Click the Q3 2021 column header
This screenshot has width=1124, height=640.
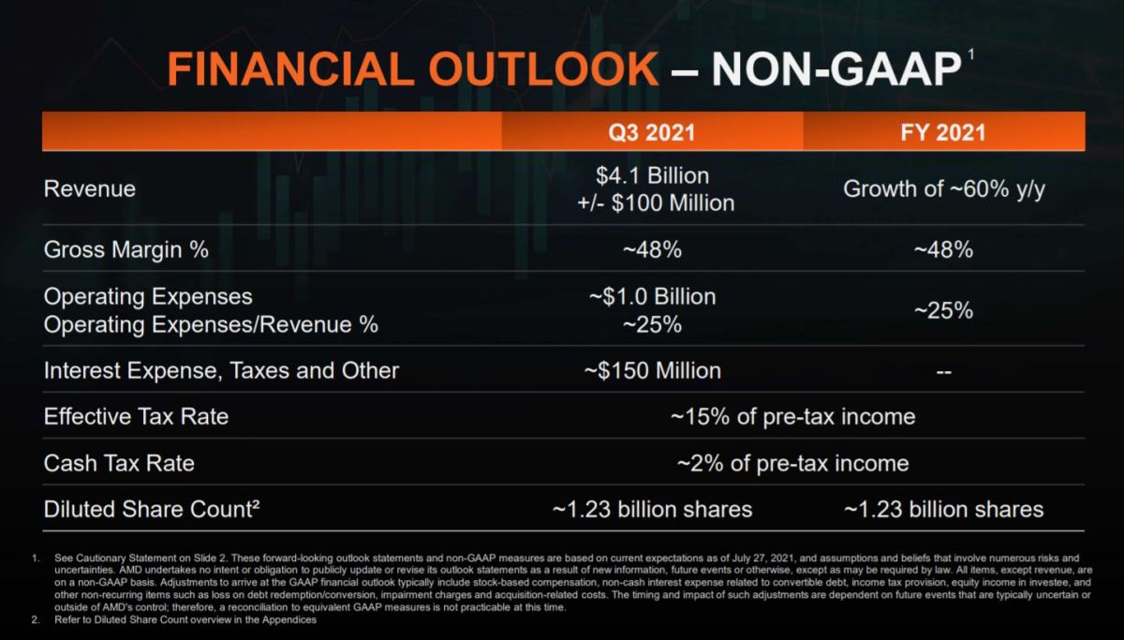pos(652,132)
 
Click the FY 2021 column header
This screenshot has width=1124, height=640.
pos(943,132)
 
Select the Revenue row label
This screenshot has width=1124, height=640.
pos(90,188)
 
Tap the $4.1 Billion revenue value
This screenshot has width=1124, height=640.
pos(652,176)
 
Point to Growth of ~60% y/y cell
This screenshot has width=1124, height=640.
pos(943,188)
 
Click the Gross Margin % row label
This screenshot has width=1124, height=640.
pos(126,250)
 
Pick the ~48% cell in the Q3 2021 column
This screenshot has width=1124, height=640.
pos(652,250)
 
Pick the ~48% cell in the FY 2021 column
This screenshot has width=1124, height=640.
pos(943,250)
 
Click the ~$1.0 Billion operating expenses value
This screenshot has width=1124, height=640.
pos(652,297)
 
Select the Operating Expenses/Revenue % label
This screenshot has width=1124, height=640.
pos(211,324)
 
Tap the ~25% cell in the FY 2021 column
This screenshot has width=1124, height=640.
pos(943,310)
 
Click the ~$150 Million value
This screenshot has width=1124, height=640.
pos(652,371)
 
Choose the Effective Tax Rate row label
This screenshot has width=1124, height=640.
pos(136,416)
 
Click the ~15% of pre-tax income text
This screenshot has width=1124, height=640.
pos(792,416)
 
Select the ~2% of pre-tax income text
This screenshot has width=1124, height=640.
pos(792,463)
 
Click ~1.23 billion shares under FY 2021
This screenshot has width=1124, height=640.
pos(943,510)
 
